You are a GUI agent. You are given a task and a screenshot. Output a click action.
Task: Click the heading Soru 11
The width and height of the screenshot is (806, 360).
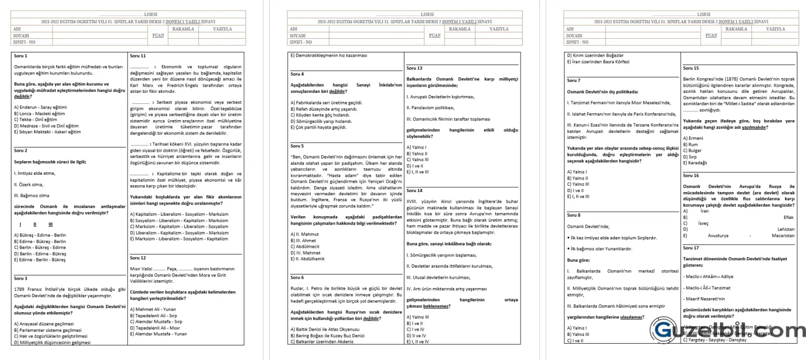point(137,56)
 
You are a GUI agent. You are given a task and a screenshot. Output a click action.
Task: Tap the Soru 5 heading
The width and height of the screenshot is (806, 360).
point(297,145)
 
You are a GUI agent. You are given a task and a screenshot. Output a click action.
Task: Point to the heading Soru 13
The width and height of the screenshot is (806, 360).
point(415,68)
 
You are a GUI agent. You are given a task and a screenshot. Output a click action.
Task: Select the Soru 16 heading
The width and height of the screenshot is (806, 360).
point(691,175)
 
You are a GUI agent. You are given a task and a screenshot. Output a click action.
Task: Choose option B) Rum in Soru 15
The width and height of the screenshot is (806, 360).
point(691,144)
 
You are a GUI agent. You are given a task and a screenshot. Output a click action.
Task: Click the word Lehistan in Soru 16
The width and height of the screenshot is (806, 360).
point(786,229)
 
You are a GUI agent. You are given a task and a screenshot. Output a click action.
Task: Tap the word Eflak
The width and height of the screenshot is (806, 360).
point(788,217)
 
